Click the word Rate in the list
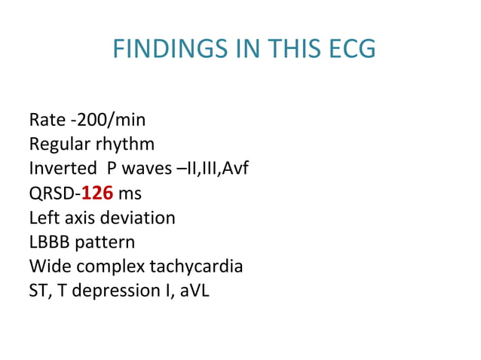(x=46, y=120)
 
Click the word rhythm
(x=124, y=144)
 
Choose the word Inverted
(x=59, y=168)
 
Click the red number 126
(x=97, y=193)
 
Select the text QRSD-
(x=54, y=193)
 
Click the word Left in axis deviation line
(x=42, y=218)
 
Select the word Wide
(x=49, y=266)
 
